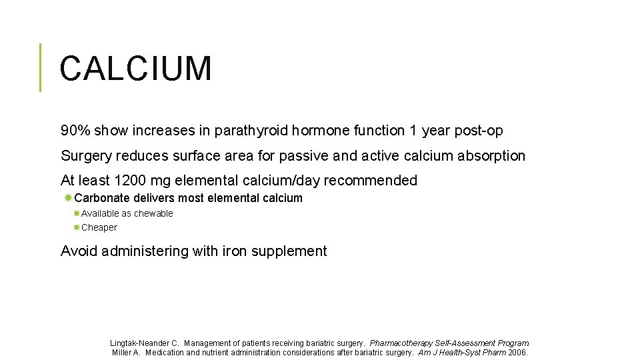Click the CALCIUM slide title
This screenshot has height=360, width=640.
[135, 69]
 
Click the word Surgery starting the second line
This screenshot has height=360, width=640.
[86, 156]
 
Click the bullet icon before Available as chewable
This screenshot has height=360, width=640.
[77, 213]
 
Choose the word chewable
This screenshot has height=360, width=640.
[153, 213]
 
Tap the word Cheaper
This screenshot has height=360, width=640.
[99, 227]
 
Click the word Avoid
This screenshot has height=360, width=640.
[78, 251]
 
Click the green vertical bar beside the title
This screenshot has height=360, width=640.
[40, 67]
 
